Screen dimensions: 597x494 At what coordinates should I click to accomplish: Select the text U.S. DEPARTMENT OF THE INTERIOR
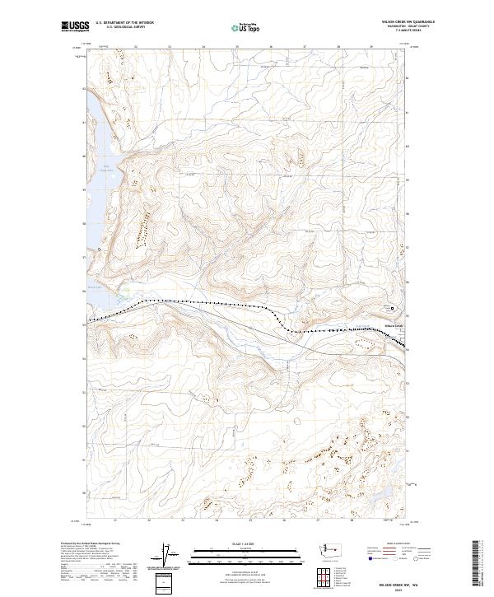tap(123, 23)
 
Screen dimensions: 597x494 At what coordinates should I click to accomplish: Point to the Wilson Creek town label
tap(394, 324)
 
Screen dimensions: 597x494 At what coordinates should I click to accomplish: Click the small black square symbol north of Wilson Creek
tap(392, 309)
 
